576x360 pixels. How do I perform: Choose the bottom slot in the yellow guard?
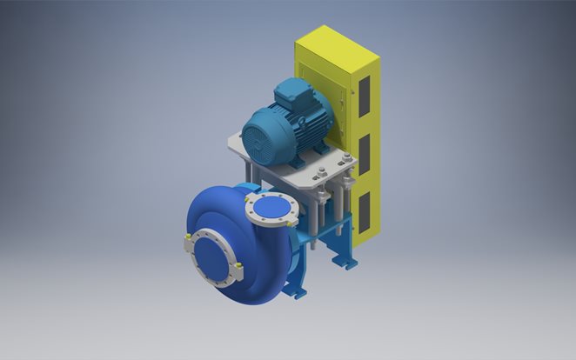point(365,210)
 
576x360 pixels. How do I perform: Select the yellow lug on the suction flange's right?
point(237,266)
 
